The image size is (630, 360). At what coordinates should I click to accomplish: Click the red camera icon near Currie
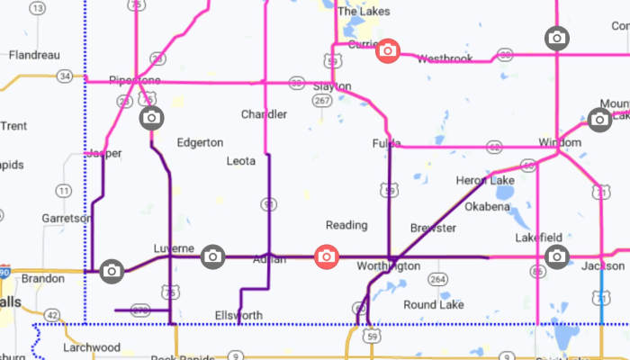(x=387, y=50)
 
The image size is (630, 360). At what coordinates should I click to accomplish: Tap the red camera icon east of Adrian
(x=326, y=257)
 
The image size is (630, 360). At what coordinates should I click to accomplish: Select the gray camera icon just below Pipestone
(x=151, y=118)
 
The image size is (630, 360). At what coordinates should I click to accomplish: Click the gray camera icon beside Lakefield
(x=557, y=256)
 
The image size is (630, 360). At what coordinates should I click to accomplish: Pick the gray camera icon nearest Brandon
(x=112, y=270)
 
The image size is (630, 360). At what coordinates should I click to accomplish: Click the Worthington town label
(x=388, y=266)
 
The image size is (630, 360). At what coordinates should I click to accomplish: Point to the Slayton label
(x=332, y=87)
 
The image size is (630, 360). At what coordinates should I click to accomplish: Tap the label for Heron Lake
(x=485, y=181)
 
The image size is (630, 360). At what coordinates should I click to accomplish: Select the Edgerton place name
(x=200, y=142)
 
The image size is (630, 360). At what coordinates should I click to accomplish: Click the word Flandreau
(x=34, y=55)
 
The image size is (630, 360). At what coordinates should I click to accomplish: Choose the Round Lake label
(x=433, y=305)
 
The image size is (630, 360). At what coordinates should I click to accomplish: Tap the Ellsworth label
(x=239, y=316)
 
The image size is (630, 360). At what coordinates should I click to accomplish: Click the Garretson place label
(x=67, y=219)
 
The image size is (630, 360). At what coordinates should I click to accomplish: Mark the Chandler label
(x=265, y=114)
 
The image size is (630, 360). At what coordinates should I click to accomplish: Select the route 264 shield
(x=438, y=280)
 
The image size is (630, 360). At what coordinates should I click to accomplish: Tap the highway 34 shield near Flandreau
(x=64, y=76)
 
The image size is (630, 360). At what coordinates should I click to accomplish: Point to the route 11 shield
(x=63, y=190)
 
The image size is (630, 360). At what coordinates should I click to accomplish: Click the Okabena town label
(x=487, y=206)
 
